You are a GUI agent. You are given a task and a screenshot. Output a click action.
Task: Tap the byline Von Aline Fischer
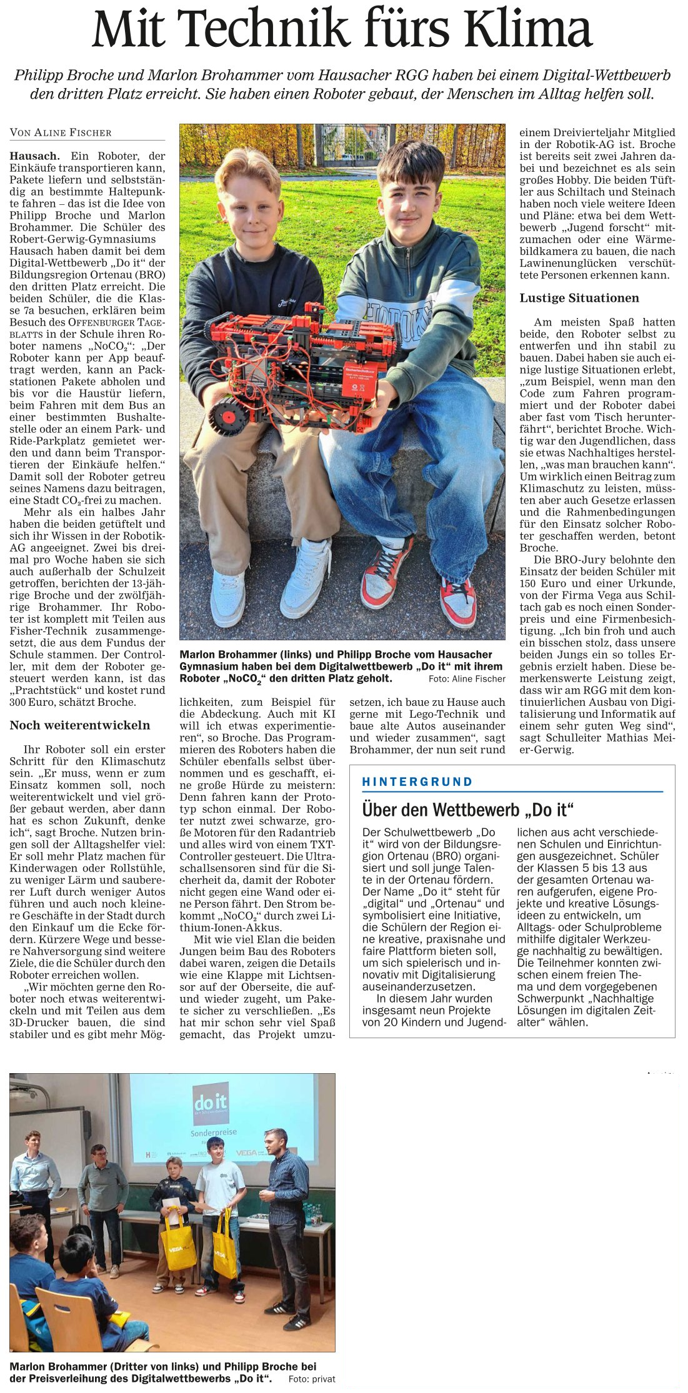coord(61,132)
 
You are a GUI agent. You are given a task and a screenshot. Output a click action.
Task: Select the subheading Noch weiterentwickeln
coord(79,725)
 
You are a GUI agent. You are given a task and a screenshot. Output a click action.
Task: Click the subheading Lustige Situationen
coord(579,298)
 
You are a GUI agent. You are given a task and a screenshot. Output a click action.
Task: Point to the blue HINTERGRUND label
coord(417,781)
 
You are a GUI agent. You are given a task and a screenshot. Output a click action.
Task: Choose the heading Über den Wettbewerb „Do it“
coord(468,810)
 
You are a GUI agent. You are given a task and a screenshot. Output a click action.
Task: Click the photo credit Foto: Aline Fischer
coord(467,678)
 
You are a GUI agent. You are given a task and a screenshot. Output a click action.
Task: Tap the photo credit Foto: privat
coord(312,1379)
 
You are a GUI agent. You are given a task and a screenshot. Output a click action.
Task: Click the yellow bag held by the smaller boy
coord(179,1247)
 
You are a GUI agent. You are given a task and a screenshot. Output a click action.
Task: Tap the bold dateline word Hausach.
coord(35,156)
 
